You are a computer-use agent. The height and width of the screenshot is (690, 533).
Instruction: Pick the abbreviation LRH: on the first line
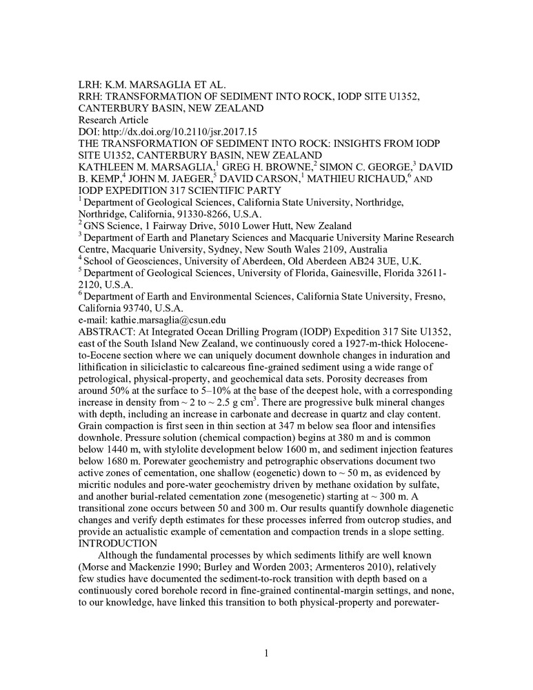90,85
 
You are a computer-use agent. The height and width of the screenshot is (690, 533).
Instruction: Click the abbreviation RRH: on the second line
90,97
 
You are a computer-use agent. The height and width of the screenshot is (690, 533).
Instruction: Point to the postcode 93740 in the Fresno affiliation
145,308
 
